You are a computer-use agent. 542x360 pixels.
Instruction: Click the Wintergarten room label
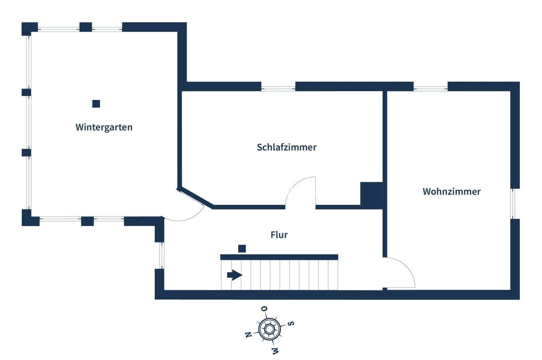click(104, 127)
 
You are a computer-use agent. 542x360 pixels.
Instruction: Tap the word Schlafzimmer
click(286, 147)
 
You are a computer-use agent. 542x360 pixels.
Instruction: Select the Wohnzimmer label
click(451, 192)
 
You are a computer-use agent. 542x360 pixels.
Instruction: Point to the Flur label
click(279, 235)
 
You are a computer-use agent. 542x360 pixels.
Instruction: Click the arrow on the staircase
click(234, 275)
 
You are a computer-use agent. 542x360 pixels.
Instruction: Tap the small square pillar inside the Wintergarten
click(96, 104)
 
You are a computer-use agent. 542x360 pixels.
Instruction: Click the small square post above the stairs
click(242, 249)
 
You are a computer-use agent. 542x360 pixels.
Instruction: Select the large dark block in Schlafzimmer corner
click(371, 194)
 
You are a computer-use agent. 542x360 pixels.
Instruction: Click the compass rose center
click(269, 330)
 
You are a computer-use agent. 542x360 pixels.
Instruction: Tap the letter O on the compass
click(265, 309)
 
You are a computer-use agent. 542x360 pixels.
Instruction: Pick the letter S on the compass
click(291, 323)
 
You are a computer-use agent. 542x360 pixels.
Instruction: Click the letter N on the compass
click(248, 335)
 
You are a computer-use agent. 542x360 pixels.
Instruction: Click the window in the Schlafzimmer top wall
click(278, 88)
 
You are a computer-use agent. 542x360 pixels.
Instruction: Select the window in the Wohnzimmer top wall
click(431, 88)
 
